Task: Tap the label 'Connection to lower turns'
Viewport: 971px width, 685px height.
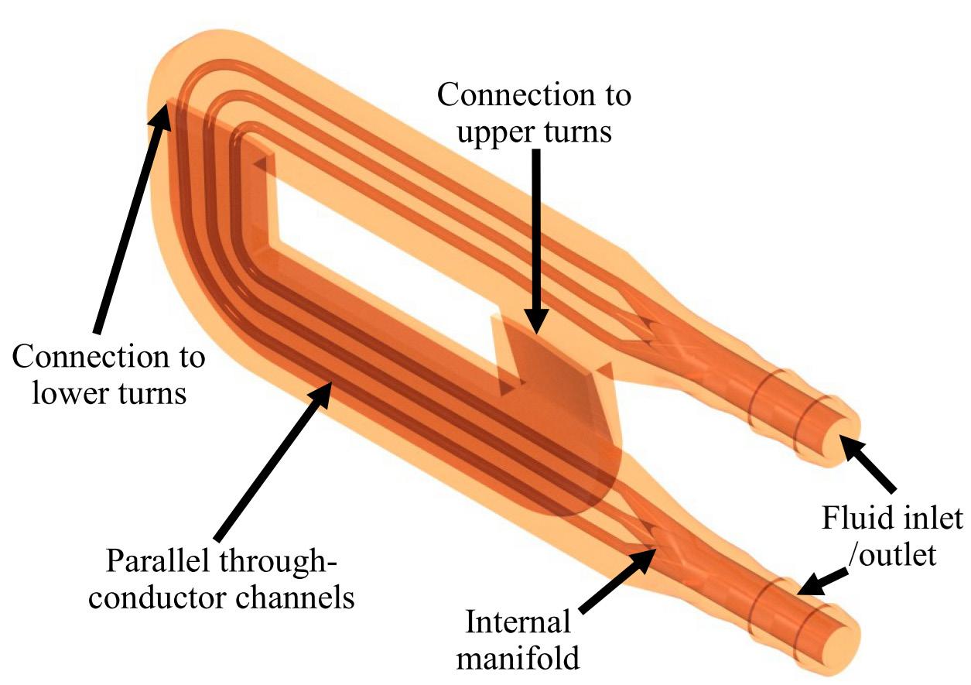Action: tap(109, 375)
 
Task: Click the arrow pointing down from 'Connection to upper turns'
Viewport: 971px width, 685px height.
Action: tap(535, 240)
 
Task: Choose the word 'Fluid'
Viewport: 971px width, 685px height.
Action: tap(859, 516)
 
